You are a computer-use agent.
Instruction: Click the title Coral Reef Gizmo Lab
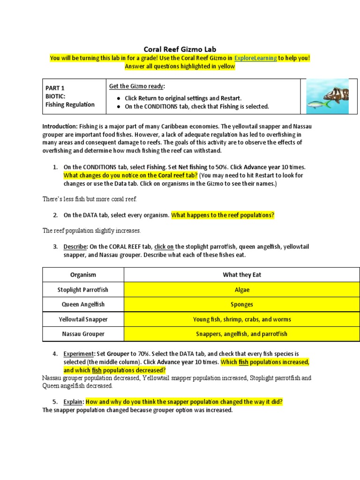180,49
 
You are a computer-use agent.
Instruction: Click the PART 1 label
55,88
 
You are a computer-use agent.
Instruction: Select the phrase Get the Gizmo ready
137,86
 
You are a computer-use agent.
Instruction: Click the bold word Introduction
60,127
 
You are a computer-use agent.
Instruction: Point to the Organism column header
83,275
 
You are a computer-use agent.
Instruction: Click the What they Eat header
242,275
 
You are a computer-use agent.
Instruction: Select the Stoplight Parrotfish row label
83,290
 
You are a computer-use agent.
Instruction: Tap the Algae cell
242,290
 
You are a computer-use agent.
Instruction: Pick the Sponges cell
242,305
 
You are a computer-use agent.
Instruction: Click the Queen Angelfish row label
83,305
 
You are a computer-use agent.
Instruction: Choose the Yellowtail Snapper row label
83,319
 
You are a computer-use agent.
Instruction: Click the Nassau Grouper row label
83,334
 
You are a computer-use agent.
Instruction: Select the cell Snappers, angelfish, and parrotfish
242,334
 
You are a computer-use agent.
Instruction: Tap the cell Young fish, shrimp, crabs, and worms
242,319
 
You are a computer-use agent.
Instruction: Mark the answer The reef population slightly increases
92,231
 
